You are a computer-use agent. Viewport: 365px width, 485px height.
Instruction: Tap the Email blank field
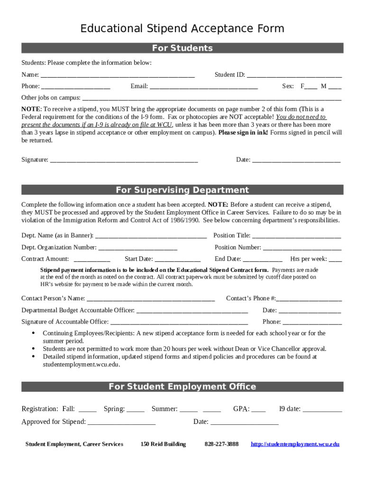pyautogui.click(x=204, y=87)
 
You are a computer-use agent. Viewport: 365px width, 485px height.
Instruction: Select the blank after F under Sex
pyautogui.click(x=311, y=87)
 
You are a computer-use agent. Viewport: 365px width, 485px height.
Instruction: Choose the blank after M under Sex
pyautogui.click(x=335, y=87)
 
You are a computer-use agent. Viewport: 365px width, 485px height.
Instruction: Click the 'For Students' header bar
pyautogui.click(x=182, y=48)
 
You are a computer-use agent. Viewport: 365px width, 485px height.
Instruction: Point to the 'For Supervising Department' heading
pyautogui.click(x=182, y=190)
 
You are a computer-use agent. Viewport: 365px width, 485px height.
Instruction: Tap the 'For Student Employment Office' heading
pyautogui.click(x=182, y=386)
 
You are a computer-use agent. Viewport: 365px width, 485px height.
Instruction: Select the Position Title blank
pyautogui.click(x=296, y=236)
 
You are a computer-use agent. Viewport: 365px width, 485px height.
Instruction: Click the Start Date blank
pyautogui.click(x=177, y=259)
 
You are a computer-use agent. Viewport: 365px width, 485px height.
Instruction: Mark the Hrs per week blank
pyautogui.click(x=335, y=259)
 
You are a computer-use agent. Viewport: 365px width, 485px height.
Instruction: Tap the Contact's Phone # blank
pyautogui.click(x=309, y=298)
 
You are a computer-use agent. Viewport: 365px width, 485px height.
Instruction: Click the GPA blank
pyautogui.click(x=258, y=409)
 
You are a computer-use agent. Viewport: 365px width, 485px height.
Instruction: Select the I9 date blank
pyautogui.click(x=322, y=409)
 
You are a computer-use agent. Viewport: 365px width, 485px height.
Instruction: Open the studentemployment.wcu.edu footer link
pyautogui.click(x=295, y=444)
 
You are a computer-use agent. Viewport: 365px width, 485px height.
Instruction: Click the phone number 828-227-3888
pyautogui.click(x=221, y=444)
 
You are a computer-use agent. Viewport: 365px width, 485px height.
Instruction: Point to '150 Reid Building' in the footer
pyautogui.click(x=163, y=444)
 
